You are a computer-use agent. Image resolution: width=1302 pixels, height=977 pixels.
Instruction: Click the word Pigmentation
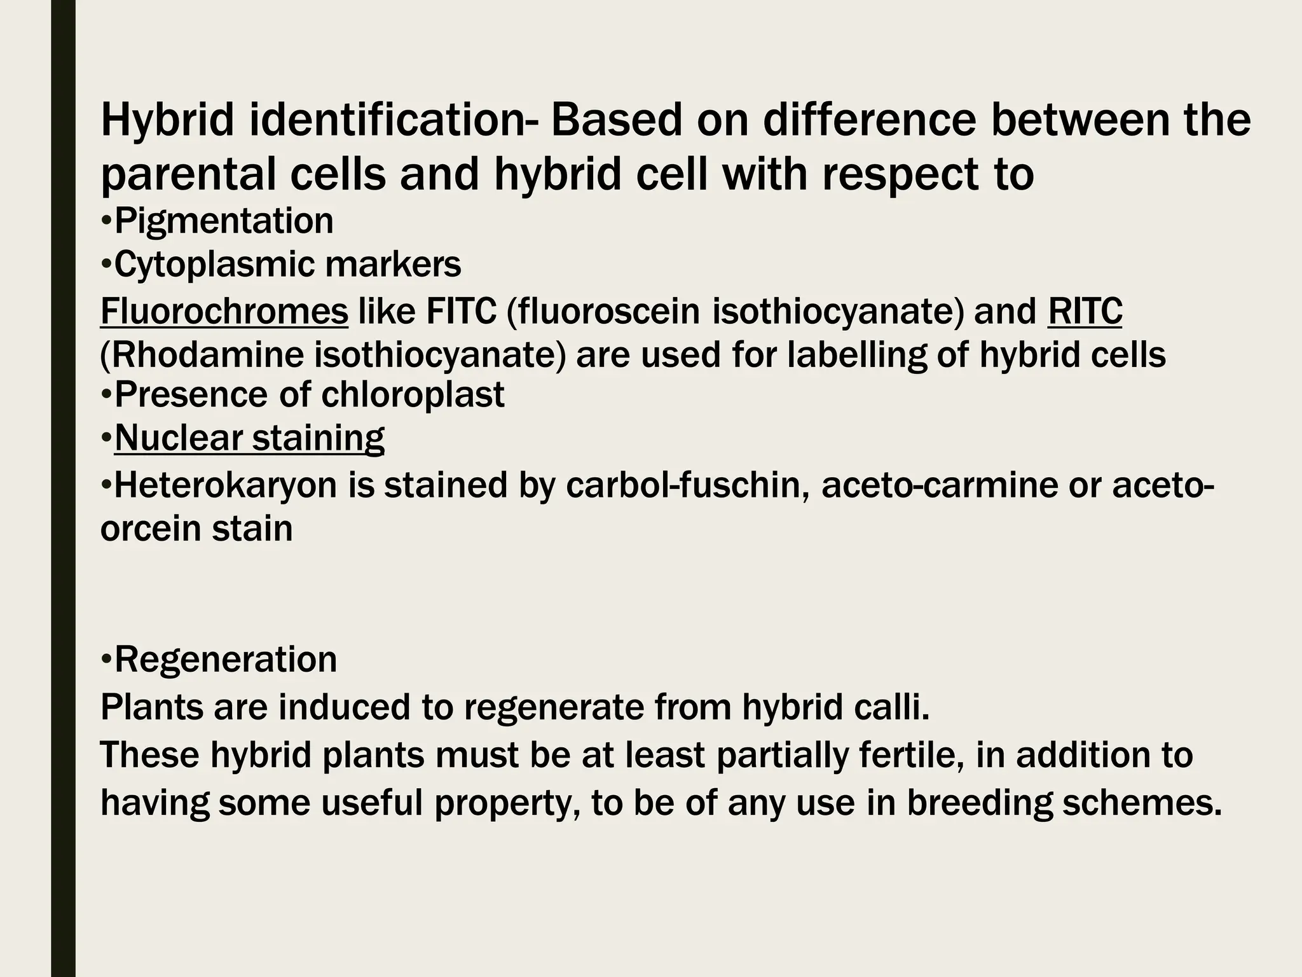click(224, 221)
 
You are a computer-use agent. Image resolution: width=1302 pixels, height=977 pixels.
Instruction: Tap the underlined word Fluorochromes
click(224, 312)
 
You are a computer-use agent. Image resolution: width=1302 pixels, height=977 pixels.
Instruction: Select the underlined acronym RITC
click(1085, 312)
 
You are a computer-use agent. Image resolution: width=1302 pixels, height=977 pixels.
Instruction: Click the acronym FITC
click(461, 312)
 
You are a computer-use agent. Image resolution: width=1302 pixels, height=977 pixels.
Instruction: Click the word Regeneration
click(226, 659)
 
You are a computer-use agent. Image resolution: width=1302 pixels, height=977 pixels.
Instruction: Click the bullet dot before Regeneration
click(106, 659)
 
